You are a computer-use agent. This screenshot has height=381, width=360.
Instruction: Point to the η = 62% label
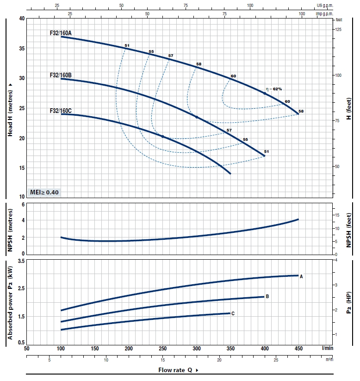click(273, 89)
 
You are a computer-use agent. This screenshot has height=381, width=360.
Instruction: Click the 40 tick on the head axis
click(21, 19)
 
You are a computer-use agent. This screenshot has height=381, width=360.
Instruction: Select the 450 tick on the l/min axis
click(298, 348)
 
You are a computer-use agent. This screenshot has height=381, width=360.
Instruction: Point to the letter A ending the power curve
click(301, 276)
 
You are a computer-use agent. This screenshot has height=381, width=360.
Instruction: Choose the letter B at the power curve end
click(267, 297)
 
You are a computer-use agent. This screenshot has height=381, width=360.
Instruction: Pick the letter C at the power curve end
click(233, 313)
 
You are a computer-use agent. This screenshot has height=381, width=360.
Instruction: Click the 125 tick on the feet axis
click(338, 29)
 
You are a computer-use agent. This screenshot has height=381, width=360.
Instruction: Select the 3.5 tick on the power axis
click(20, 262)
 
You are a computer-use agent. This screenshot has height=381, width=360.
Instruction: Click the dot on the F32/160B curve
click(197, 117)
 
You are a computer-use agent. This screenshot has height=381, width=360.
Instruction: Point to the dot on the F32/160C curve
click(163, 136)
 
